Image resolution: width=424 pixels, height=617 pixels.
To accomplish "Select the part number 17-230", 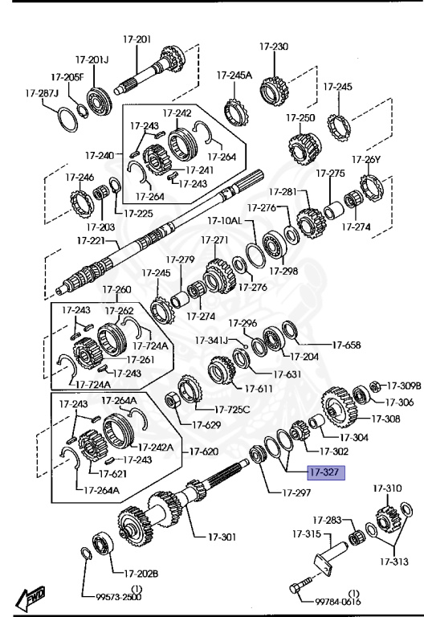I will coord(274,47).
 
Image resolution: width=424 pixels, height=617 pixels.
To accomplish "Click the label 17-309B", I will coord(404,386).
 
